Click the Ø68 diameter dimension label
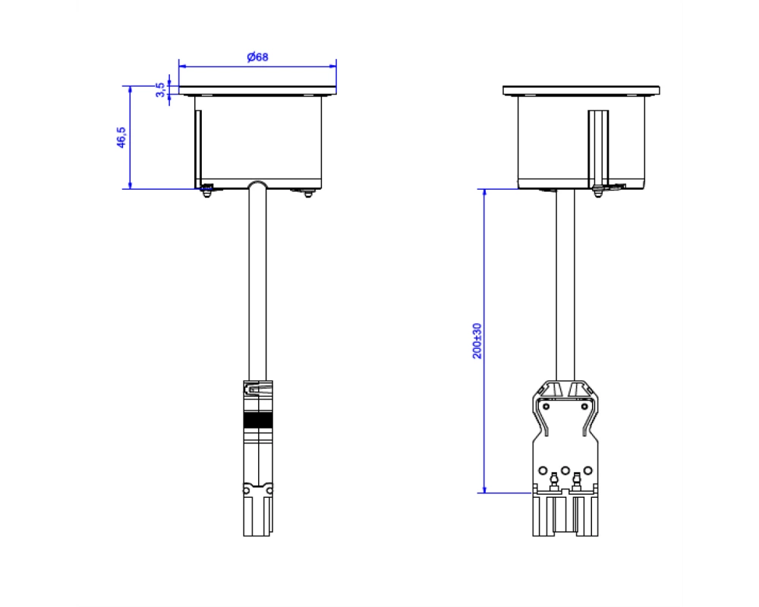(x=257, y=57)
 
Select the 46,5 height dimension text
(x=121, y=137)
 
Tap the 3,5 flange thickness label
(x=160, y=90)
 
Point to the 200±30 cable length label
(x=477, y=341)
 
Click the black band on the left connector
(x=258, y=420)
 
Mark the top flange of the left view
(x=257, y=90)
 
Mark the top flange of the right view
(x=581, y=90)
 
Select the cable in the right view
(x=565, y=285)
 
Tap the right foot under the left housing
(x=308, y=193)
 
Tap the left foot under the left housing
(x=207, y=193)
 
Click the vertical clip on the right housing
(x=598, y=149)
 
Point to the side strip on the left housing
(x=198, y=149)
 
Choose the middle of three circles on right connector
(x=565, y=470)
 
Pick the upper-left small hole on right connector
(x=546, y=406)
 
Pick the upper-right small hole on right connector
(x=584, y=406)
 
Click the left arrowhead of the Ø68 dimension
(x=182, y=66)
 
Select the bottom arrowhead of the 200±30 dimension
(x=484, y=489)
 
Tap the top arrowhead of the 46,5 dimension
(x=131, y=90)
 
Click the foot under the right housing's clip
(x=598, y=193)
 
